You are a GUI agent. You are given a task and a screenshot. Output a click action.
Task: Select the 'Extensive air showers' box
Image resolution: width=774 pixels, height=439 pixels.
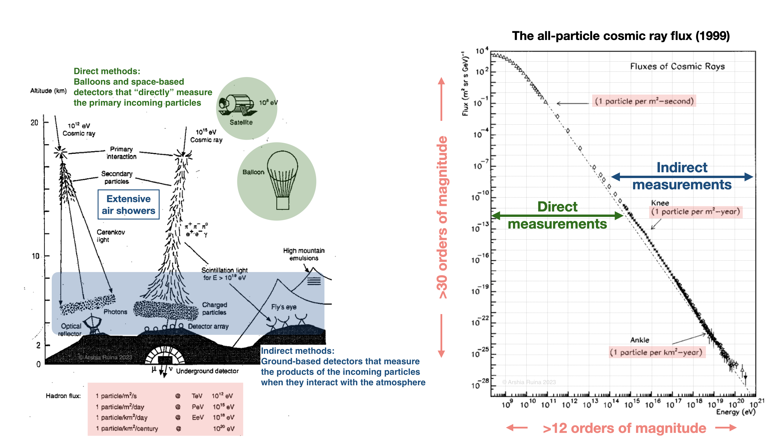[x=128, y=204]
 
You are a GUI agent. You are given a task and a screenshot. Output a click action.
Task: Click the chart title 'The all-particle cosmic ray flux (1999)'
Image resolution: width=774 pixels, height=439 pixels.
[x=621, y=36]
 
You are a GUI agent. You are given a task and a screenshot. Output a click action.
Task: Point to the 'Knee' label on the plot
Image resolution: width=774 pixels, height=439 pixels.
[x=660, y=203]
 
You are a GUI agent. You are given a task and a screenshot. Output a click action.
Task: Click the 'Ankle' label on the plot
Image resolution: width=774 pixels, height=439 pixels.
[x=639, y=340]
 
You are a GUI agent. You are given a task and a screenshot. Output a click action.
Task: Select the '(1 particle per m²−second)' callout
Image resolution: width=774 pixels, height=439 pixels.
[x=644, y=101]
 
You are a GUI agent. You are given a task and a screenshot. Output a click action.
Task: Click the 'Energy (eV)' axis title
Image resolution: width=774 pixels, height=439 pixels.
[x=735, y=412]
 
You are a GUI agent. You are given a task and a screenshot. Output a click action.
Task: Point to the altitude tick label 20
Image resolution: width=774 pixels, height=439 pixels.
[x=34, y=122]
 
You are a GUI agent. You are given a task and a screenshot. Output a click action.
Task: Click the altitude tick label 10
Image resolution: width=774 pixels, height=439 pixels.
[x=36, y=256]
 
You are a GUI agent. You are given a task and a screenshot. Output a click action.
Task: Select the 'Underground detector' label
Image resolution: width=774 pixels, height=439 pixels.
[x=207, y=371]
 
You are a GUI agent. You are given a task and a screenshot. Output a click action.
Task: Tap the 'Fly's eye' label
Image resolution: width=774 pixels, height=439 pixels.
[x=284, y=307]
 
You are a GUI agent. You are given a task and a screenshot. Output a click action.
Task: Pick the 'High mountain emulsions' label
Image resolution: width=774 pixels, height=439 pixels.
[x=304, y=254]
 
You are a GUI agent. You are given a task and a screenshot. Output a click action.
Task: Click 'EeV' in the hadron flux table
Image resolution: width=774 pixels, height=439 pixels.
[x=198, y=417]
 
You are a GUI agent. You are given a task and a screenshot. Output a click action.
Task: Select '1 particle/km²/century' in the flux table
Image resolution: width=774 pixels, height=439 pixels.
[x=127, y=428]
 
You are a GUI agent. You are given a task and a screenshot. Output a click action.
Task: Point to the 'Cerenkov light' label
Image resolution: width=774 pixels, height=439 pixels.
[x=110, y=236]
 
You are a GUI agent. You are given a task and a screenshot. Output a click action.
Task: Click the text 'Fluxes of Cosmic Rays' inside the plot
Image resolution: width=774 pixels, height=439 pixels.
[x=677, y=66]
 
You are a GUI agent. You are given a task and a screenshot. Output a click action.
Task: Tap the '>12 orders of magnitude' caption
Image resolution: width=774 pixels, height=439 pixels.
[x=624, y=428]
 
